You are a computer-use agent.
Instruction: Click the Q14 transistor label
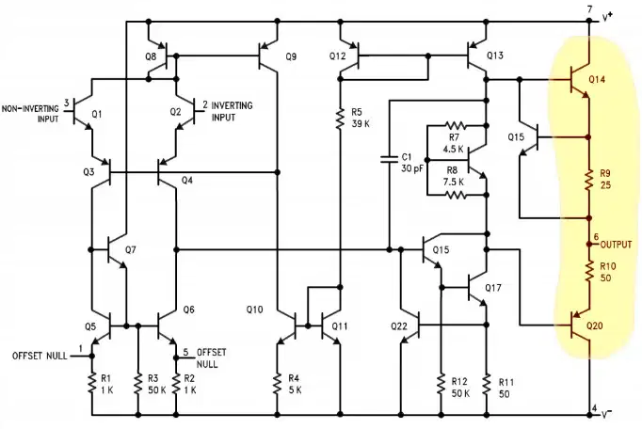coord(597,79)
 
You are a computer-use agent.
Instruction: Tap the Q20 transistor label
coord(595,326)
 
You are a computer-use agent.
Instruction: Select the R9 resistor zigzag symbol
coord(588,180)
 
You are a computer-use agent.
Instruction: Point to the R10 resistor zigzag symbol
coord(588,271)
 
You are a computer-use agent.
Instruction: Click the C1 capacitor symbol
coord(389,159)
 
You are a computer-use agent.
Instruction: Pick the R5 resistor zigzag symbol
coord(340,119)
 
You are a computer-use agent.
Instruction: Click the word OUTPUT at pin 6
coord(617,245)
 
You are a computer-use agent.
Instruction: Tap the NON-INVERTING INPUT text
coord(30,114)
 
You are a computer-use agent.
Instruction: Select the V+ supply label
coord(607,17)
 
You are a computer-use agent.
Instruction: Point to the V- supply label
coord(606,414)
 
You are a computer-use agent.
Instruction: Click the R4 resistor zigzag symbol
coord(277,384)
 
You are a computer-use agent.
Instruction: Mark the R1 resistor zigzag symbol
coord(92,384)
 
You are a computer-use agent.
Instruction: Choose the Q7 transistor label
coord(130,249)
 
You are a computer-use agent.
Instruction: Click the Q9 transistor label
coord(291,56)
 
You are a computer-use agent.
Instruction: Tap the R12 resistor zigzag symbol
coord(441,384)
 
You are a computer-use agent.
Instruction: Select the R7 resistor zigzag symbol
coord(456,125)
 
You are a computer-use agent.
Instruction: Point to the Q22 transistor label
coord(399,326)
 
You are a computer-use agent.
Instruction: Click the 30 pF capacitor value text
coord(412,167)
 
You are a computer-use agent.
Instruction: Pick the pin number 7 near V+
coord(590,8)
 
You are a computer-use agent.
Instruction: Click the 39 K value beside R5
coord(361,123)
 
